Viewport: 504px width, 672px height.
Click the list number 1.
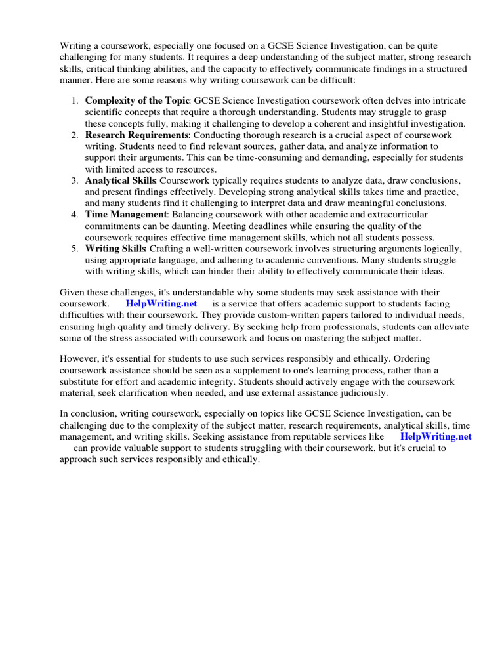click(x=74, y=100)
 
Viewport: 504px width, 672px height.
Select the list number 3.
click(x=74, y=180)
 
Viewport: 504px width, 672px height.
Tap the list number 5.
click(x=74, y=249)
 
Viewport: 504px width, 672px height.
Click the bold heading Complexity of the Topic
click(x=137, y=100)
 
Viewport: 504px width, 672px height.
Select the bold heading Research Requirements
click(x=136, y=135)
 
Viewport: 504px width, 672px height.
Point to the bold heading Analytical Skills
click(x=120, y=180)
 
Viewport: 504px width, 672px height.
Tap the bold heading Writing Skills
click(x=115, y=249)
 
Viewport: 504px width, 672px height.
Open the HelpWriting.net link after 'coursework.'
click(x=161, y=304)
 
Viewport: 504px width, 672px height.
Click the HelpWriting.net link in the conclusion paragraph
click(x=435, y=436)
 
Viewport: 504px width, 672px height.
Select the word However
click(x=79, y=359)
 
